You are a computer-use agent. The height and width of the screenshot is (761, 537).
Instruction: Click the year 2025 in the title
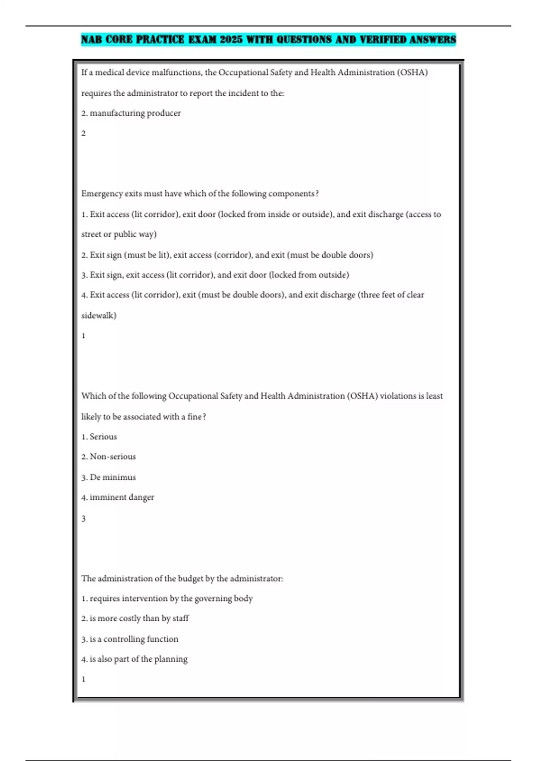coord(231,39)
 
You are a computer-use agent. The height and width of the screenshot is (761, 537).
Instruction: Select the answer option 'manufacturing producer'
coord(135,113)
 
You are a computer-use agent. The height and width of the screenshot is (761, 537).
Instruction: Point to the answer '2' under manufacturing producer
coord(83,133)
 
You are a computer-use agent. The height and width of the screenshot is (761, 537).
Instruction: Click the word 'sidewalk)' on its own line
coord(98,316)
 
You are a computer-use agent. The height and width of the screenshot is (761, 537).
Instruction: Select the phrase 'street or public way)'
coord(119,234)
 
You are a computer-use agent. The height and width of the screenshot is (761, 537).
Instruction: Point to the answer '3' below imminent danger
coord(83,518)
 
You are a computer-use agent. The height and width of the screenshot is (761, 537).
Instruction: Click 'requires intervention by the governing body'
coord(171,599)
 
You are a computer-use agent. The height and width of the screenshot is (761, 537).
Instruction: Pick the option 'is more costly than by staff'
coord(139,619)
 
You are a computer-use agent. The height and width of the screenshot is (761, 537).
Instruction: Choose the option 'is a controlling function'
coord(134,639)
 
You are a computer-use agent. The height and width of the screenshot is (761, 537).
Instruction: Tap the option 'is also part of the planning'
coord(138,659)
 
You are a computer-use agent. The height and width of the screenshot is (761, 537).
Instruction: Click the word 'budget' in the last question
coord(190,578)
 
